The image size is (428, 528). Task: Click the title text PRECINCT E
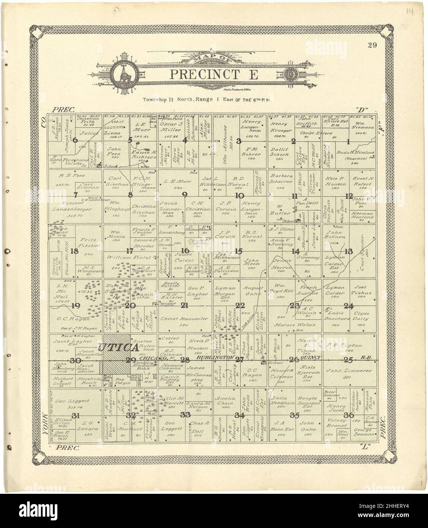pos(213,74)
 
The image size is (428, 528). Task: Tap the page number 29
pos(372,46)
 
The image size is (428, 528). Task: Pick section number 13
pos(348,251)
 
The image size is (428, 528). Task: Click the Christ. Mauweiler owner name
pos(184,319)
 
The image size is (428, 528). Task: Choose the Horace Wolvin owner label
pos(295,325)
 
